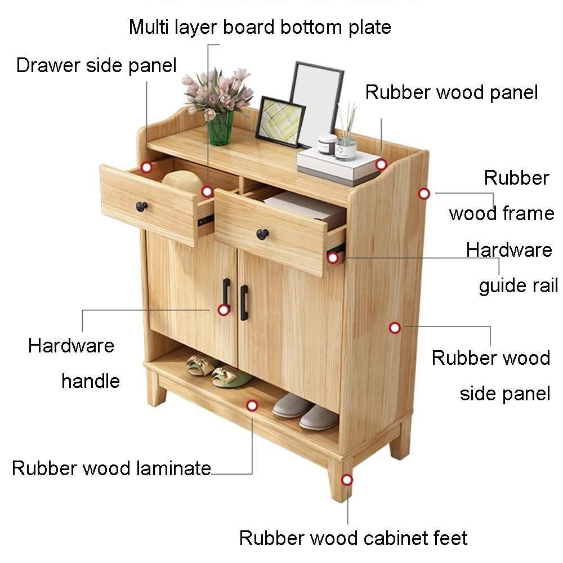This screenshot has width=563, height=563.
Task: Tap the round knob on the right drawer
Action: [262, 234]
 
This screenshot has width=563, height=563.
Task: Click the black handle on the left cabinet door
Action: [226, 294]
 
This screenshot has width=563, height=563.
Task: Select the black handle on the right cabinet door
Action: [244, 302]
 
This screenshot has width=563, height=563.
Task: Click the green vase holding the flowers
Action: [221, 128]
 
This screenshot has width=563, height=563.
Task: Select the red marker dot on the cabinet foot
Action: [347, 480]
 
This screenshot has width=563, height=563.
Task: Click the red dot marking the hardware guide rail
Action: [333, 258]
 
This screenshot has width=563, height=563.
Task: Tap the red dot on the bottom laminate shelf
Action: [252, 405]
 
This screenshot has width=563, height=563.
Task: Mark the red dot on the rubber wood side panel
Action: [395, 327]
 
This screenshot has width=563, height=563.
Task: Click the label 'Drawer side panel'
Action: [96, 65]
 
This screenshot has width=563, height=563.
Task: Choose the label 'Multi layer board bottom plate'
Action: [260, 26]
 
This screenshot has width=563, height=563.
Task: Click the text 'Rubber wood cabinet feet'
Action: [353, 538]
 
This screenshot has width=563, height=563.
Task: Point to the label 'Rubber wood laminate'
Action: [111, 468]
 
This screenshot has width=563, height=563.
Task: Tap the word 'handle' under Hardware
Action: [91, 381]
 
